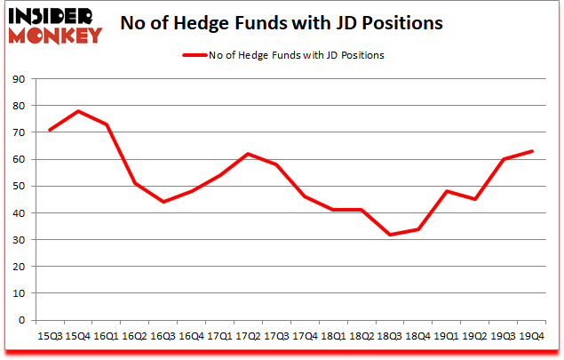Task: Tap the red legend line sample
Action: (x=195, y=55)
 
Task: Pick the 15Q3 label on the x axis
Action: (x=51, y=337)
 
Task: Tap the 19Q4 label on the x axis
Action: (x=531, y=337)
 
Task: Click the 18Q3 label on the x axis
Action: (x=390, y=337)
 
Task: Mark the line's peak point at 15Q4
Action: (x=79, y=111)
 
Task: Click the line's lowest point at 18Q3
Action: (x=390, y=235)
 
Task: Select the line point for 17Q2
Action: (x=249, y=154)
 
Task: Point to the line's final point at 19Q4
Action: (x=531, y=151)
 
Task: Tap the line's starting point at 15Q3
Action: (x=51, y=130)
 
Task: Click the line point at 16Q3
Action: (x=163, y=202)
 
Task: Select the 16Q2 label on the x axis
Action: (x=135, y=337)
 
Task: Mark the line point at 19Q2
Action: (x=475, y=199)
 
